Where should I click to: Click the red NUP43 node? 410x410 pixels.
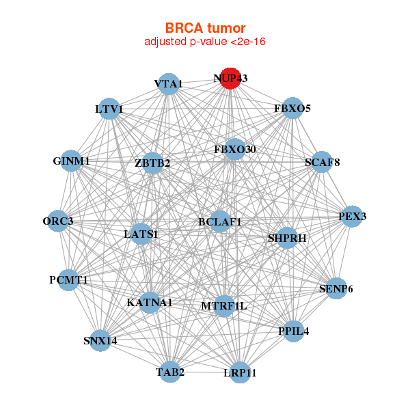coord(230,79)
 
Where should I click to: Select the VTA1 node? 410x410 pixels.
coord(169,84)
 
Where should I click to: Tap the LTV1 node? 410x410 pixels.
coord(109,109)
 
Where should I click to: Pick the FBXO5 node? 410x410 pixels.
coord(292,108)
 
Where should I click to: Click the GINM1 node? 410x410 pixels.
coord(71,161)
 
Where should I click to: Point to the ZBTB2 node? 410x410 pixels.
coord(152,163)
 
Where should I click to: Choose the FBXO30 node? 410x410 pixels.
coord(235,149)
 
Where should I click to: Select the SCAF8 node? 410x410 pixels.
coord(322,162)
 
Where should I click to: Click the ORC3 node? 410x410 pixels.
coord(58,221)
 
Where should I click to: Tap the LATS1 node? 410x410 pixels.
coord(141,234)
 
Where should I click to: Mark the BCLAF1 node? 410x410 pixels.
coord(219,221)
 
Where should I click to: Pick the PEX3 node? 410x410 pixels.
coord(352,216)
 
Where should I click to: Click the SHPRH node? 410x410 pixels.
coord(287,238)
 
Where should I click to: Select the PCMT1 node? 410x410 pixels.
coord(68,280)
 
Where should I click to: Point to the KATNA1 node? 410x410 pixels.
coord(150,303)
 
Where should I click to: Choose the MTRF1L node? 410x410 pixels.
coord(224,306)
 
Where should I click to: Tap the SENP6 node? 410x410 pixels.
coord(336,288)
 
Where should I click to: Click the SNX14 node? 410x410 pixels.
coord(100,340)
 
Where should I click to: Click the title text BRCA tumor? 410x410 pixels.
coord(205,28)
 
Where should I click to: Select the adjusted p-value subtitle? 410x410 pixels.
coord(205,42)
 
